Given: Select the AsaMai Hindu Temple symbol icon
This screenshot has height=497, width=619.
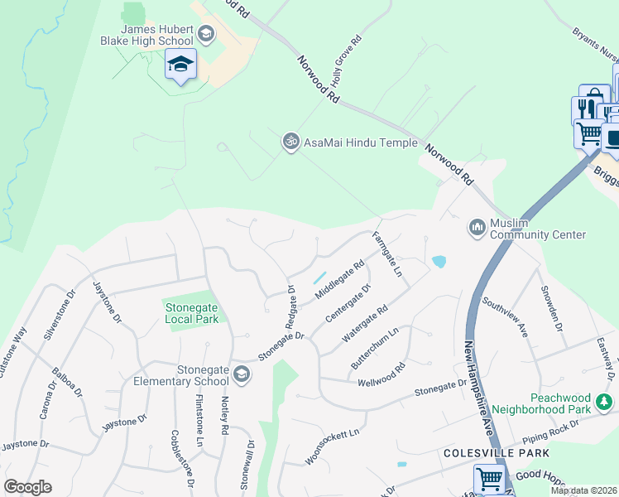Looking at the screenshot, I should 290,142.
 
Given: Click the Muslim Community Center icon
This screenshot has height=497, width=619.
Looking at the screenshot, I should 477,227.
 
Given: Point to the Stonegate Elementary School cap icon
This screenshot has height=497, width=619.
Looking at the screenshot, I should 241,374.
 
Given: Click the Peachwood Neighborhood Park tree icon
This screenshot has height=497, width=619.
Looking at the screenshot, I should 605,403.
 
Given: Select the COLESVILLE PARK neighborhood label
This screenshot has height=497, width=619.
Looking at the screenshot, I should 496,454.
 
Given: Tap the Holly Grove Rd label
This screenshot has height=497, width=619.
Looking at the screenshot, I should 347,58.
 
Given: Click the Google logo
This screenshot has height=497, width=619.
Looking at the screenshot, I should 27,487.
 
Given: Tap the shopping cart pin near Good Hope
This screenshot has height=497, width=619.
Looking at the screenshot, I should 489,479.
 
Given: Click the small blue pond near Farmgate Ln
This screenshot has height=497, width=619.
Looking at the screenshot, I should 439,262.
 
